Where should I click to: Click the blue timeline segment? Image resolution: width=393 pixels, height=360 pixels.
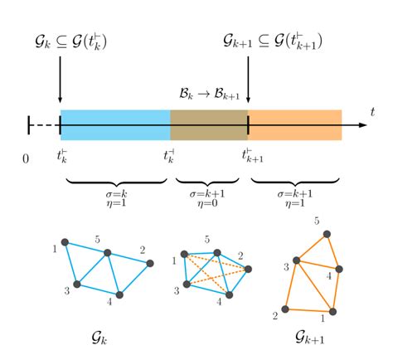[x=114, y=124]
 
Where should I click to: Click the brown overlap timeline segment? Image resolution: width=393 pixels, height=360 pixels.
[x=209, y=124]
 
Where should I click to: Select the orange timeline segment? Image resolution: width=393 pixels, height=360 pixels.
[x=294, y=124]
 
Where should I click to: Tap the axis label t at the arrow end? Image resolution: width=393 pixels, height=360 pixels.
[x=373, y=111]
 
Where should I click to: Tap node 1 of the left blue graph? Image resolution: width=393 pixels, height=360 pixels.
[x=66, y=242]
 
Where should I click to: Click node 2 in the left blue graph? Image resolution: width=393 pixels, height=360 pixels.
[x=150, y=264]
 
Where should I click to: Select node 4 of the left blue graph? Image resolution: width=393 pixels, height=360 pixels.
[x=119, y=294]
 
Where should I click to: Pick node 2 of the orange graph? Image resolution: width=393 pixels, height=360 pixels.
[x=286, y=309]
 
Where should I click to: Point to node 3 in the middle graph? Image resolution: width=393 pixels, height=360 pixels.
[x=187, y=285]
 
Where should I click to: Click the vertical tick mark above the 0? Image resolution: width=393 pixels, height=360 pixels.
[x=29, y=124]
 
